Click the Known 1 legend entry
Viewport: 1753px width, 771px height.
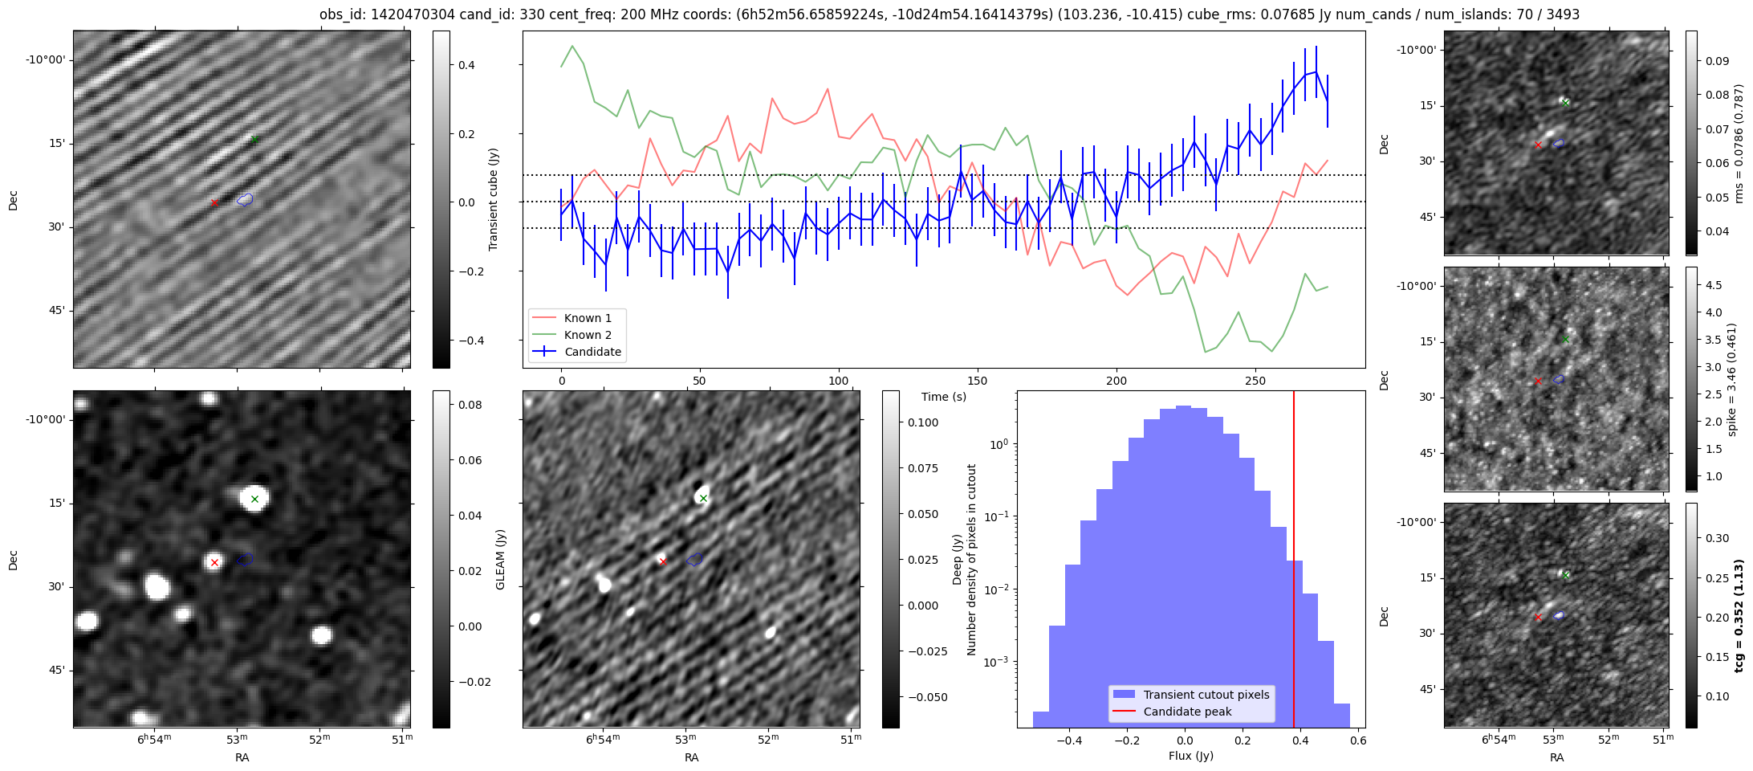588,318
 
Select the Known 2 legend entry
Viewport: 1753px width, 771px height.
588,335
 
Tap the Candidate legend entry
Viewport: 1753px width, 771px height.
592,352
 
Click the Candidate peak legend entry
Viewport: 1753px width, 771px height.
1187,712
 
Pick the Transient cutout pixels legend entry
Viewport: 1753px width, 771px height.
1206,695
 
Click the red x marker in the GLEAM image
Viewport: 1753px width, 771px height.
214,562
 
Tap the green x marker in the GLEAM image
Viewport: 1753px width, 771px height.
255,499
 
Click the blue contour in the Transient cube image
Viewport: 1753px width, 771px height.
246,199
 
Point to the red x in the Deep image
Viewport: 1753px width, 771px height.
663,561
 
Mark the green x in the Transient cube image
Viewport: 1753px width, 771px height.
255,140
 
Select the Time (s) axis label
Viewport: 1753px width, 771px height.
944,397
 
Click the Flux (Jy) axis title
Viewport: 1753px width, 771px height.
1191,756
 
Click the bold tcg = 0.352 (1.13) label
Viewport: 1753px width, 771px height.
1739,616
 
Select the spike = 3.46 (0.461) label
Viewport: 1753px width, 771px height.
1732,380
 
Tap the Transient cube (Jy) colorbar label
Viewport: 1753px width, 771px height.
494,199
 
